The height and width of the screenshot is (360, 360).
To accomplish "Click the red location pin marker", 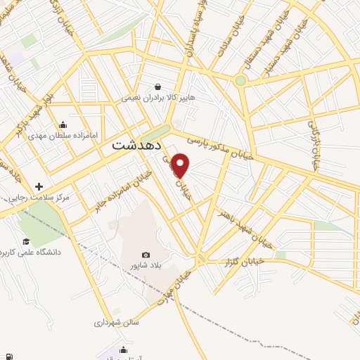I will coord(181,165).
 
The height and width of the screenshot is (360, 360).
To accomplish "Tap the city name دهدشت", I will coord(138,146).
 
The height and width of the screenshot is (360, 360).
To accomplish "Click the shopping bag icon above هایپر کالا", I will coord(168,86).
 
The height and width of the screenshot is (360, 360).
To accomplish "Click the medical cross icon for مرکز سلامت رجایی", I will coord(39,186).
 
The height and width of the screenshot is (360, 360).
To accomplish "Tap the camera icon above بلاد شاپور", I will coord(146,255).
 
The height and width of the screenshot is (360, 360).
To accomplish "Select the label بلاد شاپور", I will coord(146,266).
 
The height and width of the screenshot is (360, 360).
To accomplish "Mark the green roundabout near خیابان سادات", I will coord(241,81).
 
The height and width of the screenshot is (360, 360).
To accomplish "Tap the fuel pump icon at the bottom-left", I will coord(11,354).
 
